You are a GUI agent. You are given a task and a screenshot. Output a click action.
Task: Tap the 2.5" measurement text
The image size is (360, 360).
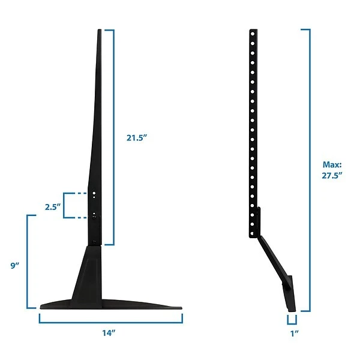53,206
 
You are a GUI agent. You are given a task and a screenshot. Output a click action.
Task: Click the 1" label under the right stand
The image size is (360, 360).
293,332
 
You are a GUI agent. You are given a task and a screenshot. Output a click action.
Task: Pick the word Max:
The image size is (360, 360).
331,163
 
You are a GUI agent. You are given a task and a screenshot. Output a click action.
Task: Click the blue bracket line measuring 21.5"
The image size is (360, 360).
112,137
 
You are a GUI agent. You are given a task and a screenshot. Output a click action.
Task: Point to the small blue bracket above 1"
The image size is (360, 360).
292,320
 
